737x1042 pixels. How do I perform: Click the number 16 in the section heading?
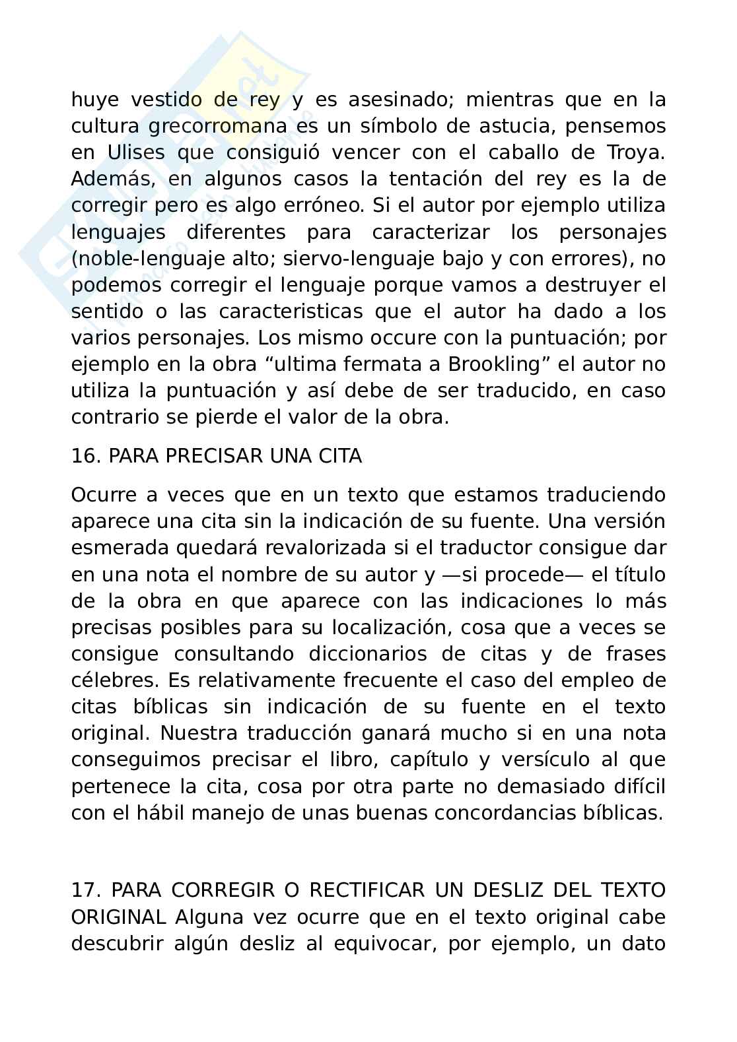(84, 456)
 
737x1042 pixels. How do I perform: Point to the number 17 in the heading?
(85, 890)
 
